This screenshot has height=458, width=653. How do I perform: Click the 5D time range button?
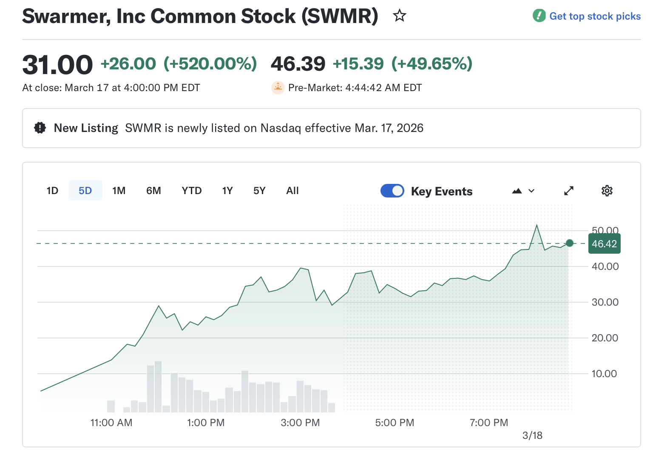tap(85, 191)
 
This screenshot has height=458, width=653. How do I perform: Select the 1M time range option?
tap(119, 191)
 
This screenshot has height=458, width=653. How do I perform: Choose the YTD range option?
tap(192, 191)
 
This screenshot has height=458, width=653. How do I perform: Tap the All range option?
tap(292, 191)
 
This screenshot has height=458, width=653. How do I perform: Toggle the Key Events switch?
tap(392, 191)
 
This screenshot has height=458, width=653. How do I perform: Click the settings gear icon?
tap(607, 191)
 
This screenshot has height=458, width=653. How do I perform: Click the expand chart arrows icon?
tap(569, 191)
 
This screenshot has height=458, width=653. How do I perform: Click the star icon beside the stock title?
tap(400, 16)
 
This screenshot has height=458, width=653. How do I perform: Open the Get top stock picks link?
tap(594, 16)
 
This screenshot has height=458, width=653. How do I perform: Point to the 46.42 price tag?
tap(604, 244)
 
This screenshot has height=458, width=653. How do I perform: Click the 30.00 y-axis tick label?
tap(605, 302)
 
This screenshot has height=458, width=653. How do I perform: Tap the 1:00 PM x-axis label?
tap(206, 423)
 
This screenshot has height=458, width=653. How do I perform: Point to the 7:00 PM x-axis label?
tap(489, 423)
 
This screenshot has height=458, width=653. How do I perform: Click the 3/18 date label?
tap(532, 435)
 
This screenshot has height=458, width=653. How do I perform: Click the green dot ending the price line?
tap(570, 243)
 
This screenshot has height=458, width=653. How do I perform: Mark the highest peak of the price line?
tap(537, 225)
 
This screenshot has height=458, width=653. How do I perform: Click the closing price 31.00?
tap(57, 65)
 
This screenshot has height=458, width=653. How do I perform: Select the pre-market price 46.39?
tap(298, 64)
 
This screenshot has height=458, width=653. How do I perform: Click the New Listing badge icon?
tap(40, 128)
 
